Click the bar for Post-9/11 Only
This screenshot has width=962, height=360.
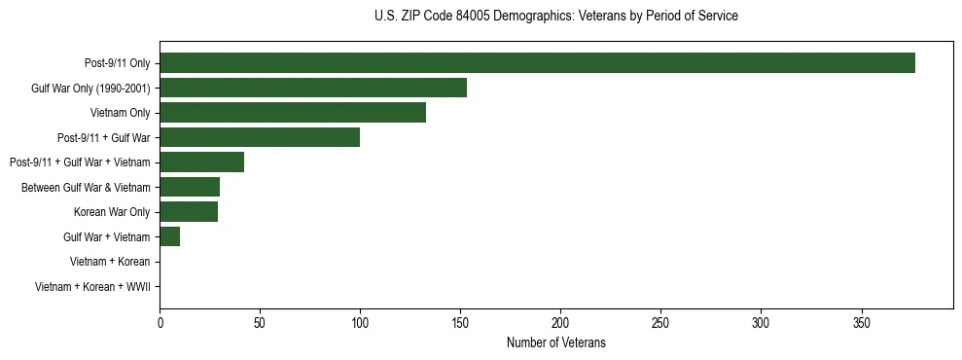pyautogui.click(x=537, y=63)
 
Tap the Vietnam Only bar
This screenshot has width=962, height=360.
pyautogui.click(x=293, y=113)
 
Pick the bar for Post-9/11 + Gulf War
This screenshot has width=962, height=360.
pyautogui.click(x=260, y=137)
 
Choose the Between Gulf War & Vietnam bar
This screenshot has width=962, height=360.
pyautogui.click(x=190, y=187)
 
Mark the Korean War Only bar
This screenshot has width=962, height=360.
pyautogui.click(x=189, y=212)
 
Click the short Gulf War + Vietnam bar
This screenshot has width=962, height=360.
pyautogui.click(x=170, y=236)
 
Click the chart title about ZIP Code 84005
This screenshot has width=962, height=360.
pyautogui.click(x=555, y=17)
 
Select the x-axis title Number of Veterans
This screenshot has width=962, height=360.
pyautogui.click(x=555, y=342)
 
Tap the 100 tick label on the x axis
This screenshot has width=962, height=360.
pyautogui.click(x=360, y=322)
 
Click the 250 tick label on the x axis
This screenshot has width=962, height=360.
pyautogui.click(x=660, y=322)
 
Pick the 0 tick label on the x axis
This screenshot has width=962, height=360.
pyautogui.click(x=160, y=322)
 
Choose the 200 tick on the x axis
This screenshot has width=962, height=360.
pyautogui.click(x=560, y=322)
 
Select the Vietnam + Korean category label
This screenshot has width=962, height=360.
pyautogui.click(x=110, y=262)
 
